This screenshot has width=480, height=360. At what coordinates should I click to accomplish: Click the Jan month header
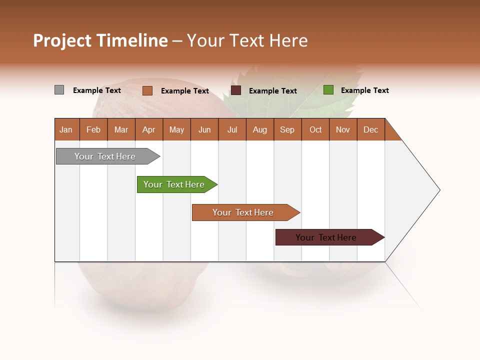[66, 129]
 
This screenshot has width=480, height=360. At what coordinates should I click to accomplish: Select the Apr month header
[149, 129]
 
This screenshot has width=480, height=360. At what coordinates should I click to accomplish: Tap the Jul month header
[232, 129]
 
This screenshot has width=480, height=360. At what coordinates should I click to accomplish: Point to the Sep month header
[287, 129]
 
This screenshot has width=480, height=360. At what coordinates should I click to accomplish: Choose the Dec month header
[370, 129]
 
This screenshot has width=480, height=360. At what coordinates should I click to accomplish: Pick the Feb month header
[93, 129]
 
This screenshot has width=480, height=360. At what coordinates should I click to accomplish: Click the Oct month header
[315, 129]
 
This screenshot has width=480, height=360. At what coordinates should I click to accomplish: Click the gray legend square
[59, 90]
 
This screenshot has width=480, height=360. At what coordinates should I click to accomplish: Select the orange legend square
[147, 90]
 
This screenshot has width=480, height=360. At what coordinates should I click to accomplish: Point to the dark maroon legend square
[236, 90]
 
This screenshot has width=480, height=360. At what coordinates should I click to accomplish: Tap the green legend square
[328, 90]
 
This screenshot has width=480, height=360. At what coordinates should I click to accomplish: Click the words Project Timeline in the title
[100, 40]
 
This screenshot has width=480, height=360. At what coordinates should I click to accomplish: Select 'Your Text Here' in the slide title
[247, 40]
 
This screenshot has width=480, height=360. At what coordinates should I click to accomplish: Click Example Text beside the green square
[364, 90]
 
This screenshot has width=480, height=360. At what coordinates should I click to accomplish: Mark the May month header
[176, 129]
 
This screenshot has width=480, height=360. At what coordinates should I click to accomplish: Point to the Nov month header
[342, 129]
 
